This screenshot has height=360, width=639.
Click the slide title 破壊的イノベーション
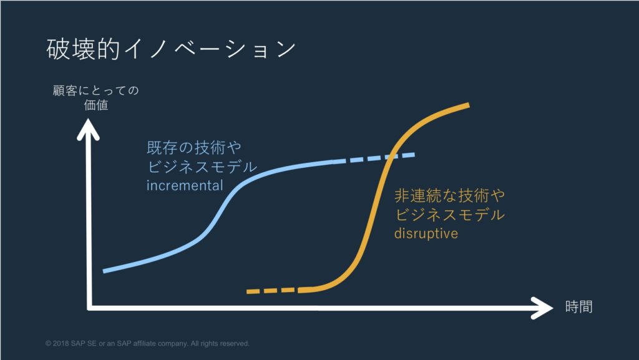pyautogui.click(x=171, y=49)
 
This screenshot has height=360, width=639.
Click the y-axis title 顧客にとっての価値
pyautogui.click(x=95, y=98)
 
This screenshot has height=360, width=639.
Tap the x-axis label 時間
pyautogui.click(x=578, y=306)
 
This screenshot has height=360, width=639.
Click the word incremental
pyautogui.click(x=185, y=185)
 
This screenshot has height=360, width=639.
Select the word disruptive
pyautogui.click(x=426, y=233)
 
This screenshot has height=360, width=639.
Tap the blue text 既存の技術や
pyautogui.click(x=194, y=147)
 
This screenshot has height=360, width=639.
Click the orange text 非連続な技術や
pyautogui.click(x=449, y=195)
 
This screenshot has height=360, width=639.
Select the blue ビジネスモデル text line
pyautogui.click(x=202, y=167)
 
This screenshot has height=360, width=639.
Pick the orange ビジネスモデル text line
pyautogui.click(x=449, y=215)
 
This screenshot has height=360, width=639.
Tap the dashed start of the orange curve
pyautogui.click(x=273, y=291)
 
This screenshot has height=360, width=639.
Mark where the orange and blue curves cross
pyautogui.click(x=391, y=157)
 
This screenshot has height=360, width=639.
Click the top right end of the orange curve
pyautogui.click(x=469, y=105)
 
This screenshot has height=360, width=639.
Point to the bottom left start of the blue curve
pyautogui.click(x=104, y=271)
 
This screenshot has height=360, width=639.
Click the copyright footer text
pyautogui.click(x=147, y=343)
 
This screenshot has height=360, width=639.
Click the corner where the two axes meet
pyautogui.click(x=89, y=308)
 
